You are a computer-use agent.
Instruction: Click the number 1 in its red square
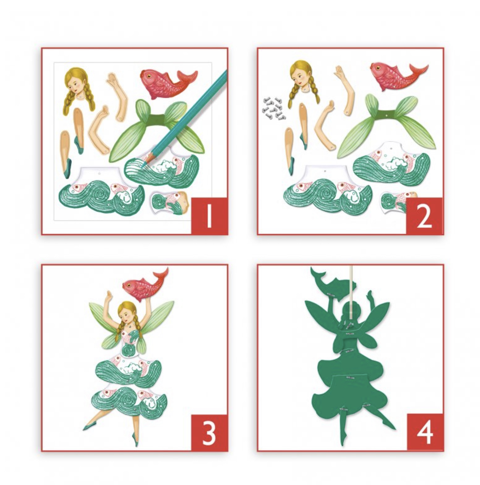pyautogui.click(x=209, y=215)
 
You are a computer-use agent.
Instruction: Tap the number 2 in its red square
pyautogui.click(x=424, y=216)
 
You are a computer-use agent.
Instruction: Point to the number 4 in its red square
pyautogui.click(x=425, y=433)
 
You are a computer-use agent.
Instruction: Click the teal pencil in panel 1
pyautogui.click(x=186, y=116)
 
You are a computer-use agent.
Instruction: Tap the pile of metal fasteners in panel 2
pyautogui.click(x=274, y=109)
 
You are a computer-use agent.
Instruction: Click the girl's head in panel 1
pyautogui.click(x=79, y=88)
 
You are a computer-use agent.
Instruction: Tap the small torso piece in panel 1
pyautogui.click(x=169, y=203)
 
